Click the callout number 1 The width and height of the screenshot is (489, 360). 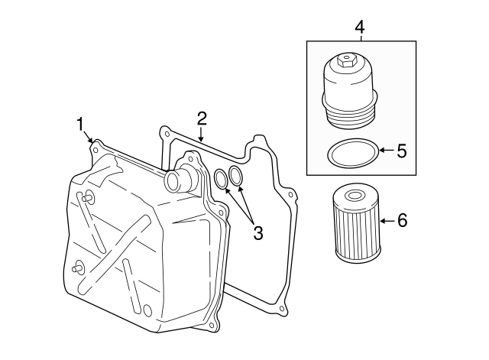[x=79, y=124]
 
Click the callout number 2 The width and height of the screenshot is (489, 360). [x=202, y=118]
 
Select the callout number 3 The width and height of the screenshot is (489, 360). [x=257, y=233]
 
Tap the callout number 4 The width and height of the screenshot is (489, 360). [x=360, y=28]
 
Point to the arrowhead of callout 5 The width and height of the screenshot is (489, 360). [x=382, y=151]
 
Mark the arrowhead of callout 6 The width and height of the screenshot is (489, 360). [x=382, y=221]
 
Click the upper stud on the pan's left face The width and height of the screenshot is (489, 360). [x=87, y=198]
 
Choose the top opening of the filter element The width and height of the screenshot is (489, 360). [x=355, y=196]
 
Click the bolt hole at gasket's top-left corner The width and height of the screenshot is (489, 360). [x=164, y=134]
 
